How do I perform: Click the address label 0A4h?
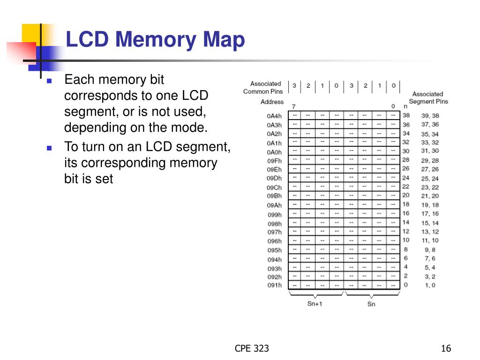274,116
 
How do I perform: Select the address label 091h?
275,285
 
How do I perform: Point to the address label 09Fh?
274,160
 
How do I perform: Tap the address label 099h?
275,215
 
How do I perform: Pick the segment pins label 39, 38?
430,116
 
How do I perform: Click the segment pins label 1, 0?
430,285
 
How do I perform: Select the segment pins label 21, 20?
430,196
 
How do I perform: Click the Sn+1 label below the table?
315,304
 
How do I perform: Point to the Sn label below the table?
371,304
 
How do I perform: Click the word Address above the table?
272,102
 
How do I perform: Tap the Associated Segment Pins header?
428,97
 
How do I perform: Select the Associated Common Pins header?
263,88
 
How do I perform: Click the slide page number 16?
446,348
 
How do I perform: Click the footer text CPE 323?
252,348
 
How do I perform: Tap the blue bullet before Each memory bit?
49,81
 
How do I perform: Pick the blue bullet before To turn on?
49,148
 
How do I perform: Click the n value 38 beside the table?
406,116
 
